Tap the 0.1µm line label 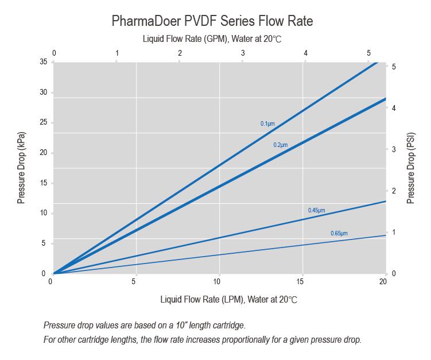click(x=268, y=123)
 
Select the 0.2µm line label click(x=280, y=145)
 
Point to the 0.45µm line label click(x=316, y=211)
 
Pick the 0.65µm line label click(x=339, y=233)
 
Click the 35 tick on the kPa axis click(x=44, y=62)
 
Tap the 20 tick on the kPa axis click(x=44, y=153)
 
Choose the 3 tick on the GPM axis click(x=243, y=53)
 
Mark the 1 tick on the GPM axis click(x=117, y=53)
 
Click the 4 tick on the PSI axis click(x=393, y=108)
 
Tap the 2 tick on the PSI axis click(x=393, y=191)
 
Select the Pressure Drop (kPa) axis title click(x=21, y=167)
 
